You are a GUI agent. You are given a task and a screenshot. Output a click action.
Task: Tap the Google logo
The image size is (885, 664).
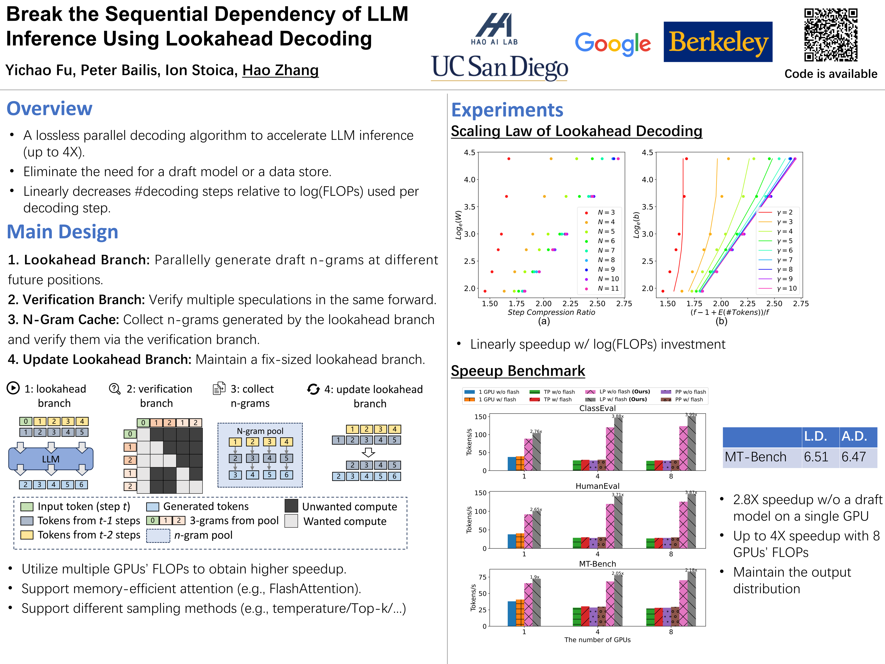pos(613,43)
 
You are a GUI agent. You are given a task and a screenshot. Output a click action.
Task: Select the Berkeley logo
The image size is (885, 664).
pos(718,42)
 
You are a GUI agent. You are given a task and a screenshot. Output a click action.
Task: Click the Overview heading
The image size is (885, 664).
pos(50,108)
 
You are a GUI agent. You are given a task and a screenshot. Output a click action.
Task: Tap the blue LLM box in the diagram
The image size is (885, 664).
pos(51,459)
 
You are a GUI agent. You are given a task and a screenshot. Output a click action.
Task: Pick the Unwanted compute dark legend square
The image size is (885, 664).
pos(291,506)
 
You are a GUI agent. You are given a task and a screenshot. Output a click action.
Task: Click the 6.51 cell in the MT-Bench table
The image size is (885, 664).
pos(816,457)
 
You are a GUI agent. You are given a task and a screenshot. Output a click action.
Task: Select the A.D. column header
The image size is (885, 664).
pos(854,436)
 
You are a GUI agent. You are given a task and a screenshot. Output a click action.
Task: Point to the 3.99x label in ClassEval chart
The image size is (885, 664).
pos(691,415)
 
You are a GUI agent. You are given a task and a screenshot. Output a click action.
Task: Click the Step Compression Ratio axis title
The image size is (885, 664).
pos(551,312)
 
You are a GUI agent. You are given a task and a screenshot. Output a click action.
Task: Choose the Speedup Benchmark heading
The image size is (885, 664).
pos(518,371)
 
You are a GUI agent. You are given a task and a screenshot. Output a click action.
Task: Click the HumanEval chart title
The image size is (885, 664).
pos(597,486)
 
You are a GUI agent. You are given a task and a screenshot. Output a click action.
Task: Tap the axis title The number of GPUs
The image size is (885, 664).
pos(597,640)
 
